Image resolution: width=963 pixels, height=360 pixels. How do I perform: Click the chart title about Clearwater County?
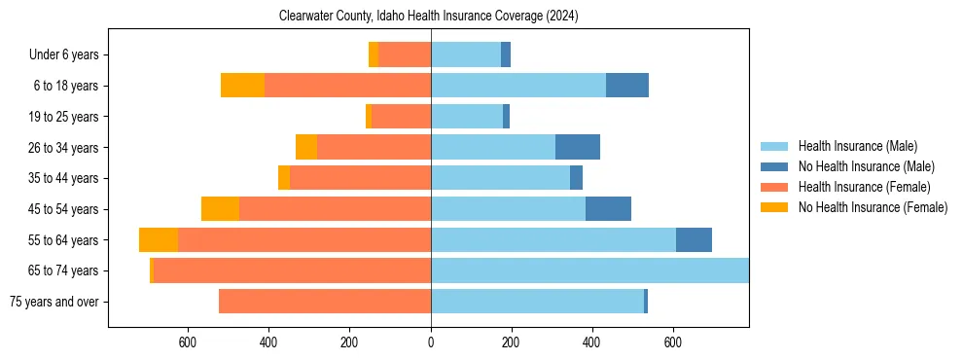(429, 17)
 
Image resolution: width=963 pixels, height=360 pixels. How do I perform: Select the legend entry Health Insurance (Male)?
(857, 146)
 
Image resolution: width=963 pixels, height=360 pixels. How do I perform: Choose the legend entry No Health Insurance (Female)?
(873, 207)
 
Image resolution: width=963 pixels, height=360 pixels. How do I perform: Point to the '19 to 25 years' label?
(63, 117)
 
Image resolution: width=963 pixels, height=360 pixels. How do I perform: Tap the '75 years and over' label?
(54, 302)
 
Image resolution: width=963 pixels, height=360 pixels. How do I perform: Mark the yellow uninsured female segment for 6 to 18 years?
(242, 86)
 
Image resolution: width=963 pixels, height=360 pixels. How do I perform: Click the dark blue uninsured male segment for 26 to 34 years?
(578, 147)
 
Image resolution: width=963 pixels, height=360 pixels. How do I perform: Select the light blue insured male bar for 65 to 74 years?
(589, 270)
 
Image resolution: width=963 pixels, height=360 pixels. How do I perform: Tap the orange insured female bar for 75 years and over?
(325, 302)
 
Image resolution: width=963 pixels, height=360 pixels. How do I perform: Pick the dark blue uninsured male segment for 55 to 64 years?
(694, 239)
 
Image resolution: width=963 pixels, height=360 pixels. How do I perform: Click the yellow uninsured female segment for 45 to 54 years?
(220, 209)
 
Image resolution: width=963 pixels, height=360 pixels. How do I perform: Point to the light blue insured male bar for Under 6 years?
(466, 55)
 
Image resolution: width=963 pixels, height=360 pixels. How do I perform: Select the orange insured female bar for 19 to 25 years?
(401, 117)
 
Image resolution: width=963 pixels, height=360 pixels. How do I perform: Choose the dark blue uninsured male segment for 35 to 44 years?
(576, 178)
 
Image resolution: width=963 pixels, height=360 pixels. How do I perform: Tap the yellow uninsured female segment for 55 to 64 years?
(159, 239)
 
